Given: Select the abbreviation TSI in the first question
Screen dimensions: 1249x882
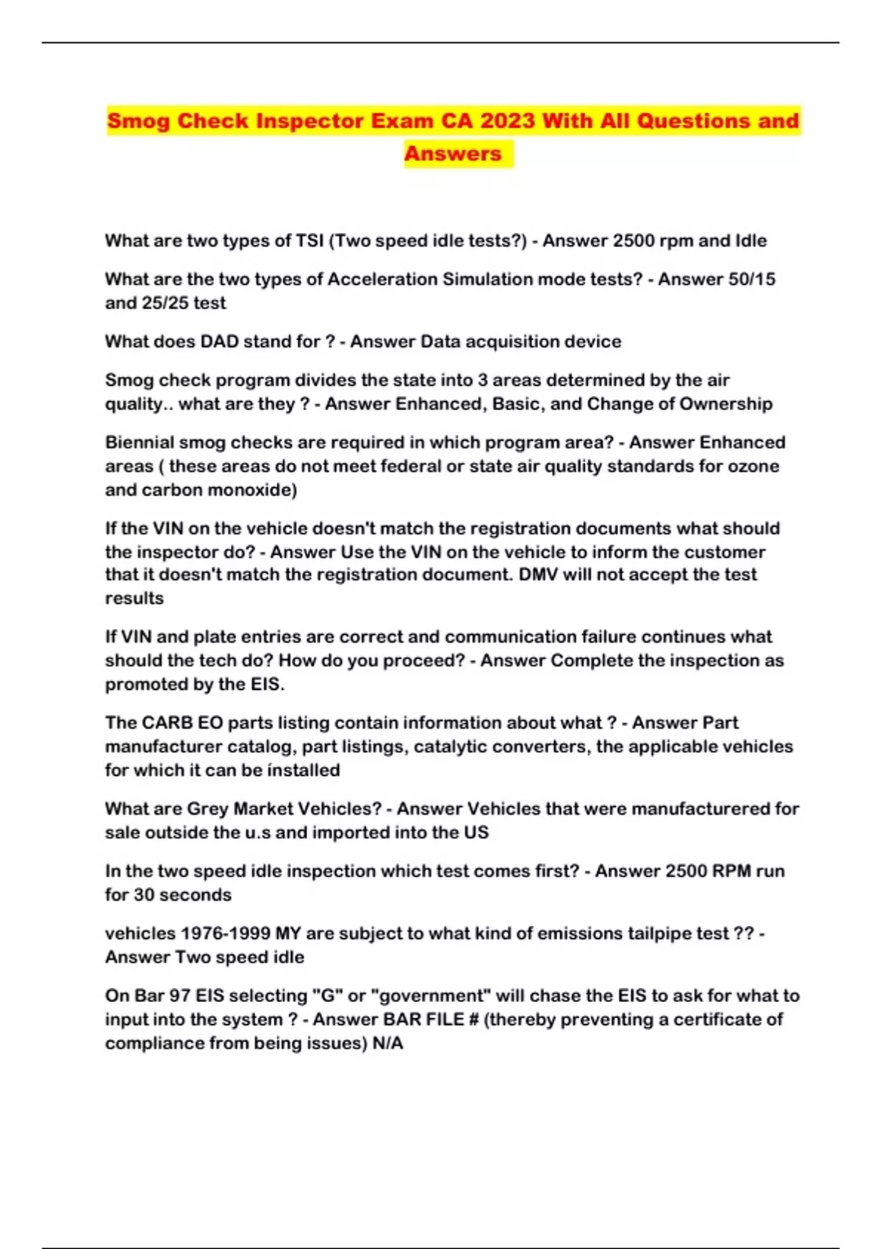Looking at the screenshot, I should [309, 241].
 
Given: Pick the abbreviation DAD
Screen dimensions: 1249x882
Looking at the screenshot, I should [220, 342].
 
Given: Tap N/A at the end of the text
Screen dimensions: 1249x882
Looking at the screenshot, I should [388, 1043].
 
